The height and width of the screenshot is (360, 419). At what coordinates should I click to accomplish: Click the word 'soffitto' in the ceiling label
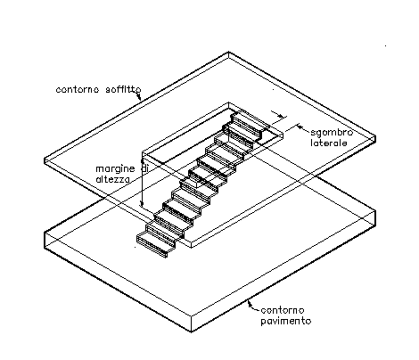123,89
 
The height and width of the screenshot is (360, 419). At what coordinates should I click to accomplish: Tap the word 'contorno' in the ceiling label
78,89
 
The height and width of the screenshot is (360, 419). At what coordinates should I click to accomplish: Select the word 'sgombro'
332,133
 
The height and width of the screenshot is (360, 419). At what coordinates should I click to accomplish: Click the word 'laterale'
329,143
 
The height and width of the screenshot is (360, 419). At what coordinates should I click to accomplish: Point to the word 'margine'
115,169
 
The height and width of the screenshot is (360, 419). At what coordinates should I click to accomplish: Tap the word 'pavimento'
286,321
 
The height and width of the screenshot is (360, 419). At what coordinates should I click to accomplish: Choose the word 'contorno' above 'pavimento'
283,310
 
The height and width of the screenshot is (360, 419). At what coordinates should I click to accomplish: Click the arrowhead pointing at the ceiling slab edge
139,96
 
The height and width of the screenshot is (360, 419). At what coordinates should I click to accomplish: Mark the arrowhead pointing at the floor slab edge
251,303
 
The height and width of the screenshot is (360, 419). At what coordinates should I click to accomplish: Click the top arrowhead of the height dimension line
143,162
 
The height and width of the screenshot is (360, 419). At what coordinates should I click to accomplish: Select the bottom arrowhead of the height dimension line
143,203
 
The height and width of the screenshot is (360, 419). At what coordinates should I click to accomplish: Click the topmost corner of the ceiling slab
228,53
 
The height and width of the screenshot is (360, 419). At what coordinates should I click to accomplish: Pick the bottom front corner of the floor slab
191,331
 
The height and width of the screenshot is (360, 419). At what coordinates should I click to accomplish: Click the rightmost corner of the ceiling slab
375,137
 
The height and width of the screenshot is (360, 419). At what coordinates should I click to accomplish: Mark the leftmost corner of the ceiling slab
45,159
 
